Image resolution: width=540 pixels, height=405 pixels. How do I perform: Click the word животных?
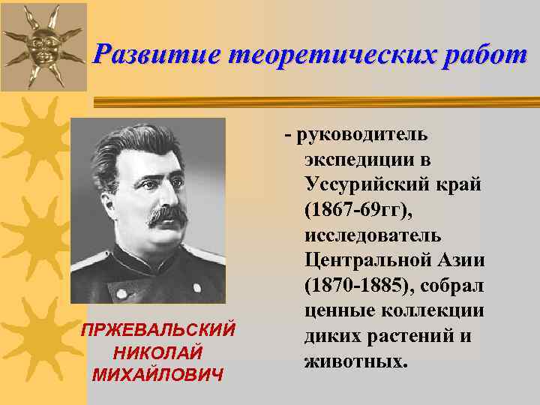pyautogui.click(x=355, y=361)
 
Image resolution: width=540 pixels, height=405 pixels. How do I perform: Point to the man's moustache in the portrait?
pyautogui.click(x=168, y=214)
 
